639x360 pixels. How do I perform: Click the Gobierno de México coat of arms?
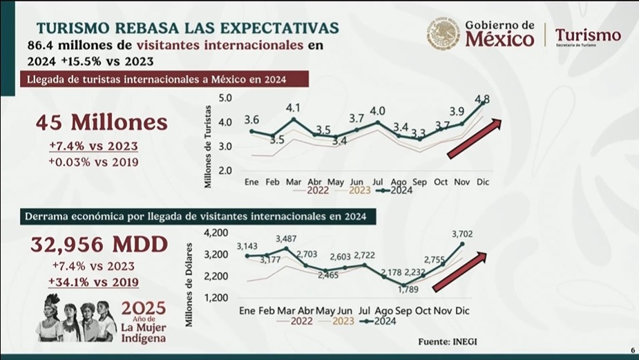[443, 34]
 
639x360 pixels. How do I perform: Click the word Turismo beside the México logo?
[588, 35]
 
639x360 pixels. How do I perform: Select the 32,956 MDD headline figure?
[99, 244]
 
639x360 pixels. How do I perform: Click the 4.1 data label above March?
[293, 108]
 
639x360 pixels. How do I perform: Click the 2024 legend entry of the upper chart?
[394, 191]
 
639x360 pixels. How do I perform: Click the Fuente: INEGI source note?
[446, 341]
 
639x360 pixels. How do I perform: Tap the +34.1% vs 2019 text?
[93, 282]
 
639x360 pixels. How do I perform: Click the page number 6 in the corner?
[632, 350]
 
